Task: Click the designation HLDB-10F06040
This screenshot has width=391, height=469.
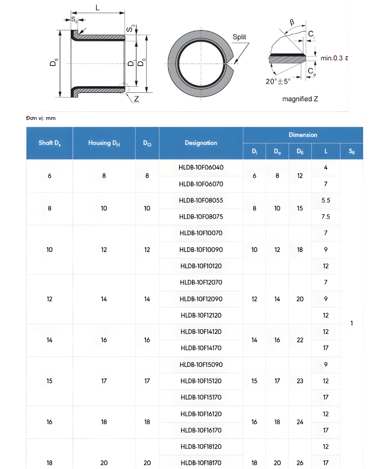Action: (201, 167)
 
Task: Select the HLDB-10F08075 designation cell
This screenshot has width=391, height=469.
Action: (201, 217)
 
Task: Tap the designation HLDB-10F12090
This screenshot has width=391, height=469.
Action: (201, 299)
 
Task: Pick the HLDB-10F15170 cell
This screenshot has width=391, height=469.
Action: (201, 397)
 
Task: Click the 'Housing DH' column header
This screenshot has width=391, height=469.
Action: (104, 143)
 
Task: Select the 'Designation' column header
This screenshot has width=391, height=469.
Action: (201, 143)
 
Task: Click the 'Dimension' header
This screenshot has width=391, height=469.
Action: (303, 135)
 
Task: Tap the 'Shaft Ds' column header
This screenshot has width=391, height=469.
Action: (50, 143)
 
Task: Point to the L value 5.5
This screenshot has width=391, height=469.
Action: (326, 200)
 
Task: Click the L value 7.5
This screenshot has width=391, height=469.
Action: (326, 217)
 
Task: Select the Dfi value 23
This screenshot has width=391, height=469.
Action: (300, 381)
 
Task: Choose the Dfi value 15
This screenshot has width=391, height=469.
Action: (300, 208)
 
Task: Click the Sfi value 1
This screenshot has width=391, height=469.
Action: (352, 323)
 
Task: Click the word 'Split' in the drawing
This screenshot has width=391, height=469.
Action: (239, 37)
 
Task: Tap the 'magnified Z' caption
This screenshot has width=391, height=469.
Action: (300, 99)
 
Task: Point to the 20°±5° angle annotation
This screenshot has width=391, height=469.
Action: (278, 81)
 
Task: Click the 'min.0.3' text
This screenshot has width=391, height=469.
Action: (332, 58)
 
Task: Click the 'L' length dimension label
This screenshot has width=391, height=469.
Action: (97, 7)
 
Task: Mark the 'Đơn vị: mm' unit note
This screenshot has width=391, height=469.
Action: (41, 118)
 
